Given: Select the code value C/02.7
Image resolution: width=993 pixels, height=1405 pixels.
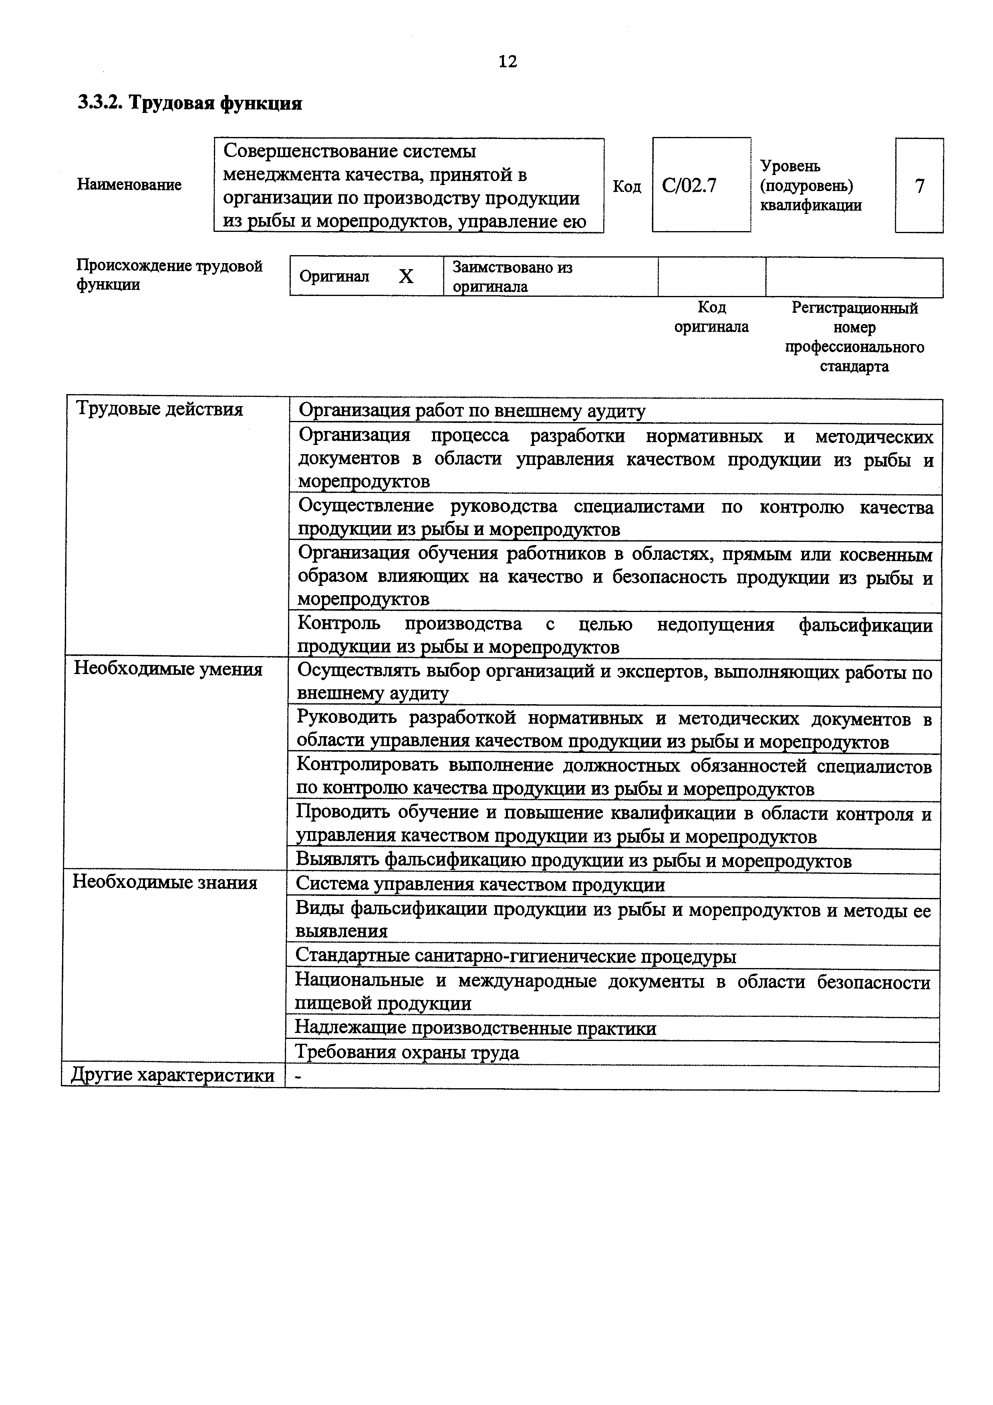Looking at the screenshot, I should click(689, 185).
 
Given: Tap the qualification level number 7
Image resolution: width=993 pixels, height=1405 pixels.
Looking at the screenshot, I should click(919, 186).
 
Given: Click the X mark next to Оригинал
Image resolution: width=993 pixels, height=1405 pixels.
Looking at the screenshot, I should click(406, 277).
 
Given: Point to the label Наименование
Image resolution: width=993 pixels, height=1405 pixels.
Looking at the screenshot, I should click(129, 185).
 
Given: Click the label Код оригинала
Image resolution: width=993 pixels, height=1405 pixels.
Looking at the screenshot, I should click(711, 317).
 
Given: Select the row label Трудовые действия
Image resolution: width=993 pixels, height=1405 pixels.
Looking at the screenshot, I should click(159, 409).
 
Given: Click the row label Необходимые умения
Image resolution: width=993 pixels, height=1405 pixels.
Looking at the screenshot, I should click(168, 669).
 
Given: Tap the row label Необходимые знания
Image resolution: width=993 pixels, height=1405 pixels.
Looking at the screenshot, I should click(165, 882).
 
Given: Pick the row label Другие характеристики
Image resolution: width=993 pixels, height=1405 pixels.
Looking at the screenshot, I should click(173, 1075).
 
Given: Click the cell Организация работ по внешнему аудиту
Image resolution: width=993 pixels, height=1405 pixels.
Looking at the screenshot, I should click(471, 411).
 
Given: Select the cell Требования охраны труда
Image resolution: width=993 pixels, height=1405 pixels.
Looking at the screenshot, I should click(407, 1053).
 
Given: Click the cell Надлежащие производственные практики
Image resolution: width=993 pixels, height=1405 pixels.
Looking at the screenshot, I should click(475, 1028).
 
